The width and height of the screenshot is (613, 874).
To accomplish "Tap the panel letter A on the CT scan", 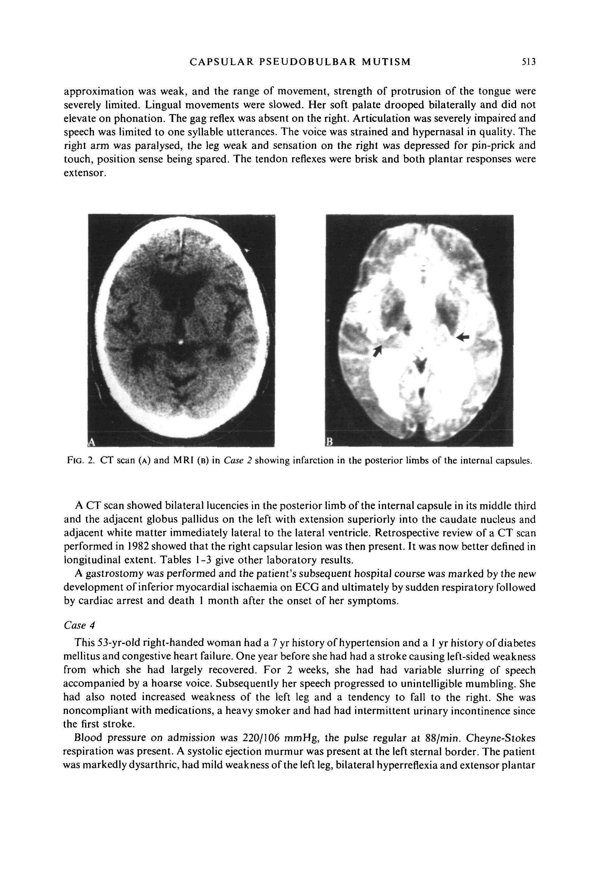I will pyautogui.click(x=91, y=441).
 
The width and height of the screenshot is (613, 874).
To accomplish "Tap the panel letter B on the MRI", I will pyautogui.click(x=330, y=441).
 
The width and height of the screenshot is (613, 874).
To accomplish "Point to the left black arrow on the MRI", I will pyautogui.click(x=377, y=351).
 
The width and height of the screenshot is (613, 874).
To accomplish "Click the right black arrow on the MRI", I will pyautogui.click(x=463, y=336).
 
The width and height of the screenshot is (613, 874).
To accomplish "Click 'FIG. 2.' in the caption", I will pyautogui.click(x=80, y=461).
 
